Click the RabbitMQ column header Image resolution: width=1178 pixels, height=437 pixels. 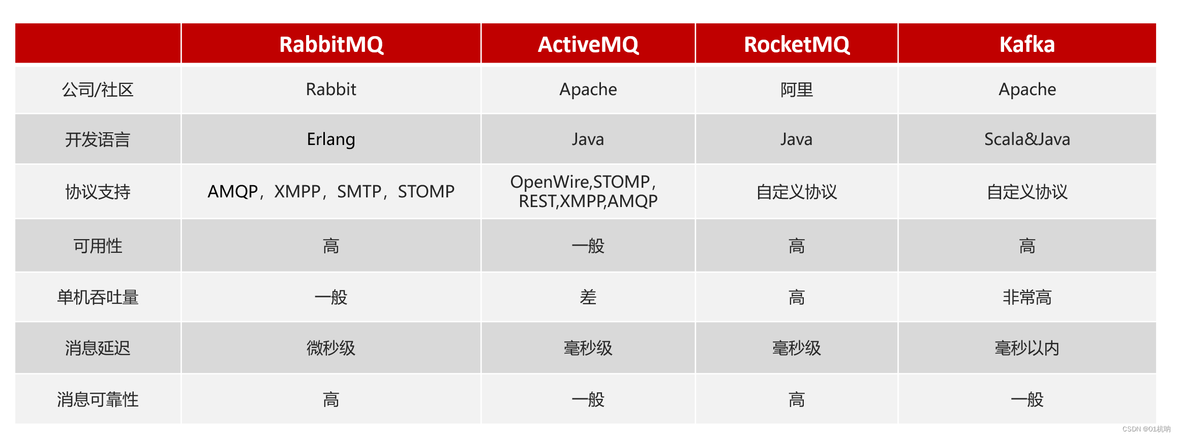(331, 44)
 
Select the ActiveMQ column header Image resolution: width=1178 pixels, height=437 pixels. (588, 44)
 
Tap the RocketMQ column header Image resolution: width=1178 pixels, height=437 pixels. (797, 44)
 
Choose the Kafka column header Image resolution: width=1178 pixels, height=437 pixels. (1027, 44)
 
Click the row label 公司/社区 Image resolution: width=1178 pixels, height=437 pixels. (98, 90)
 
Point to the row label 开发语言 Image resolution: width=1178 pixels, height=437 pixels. (98, 139)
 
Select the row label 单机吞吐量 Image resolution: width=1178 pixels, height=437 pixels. (98, 297)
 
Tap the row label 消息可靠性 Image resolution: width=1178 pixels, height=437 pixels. (98, 399)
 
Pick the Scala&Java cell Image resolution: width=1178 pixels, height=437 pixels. (1027, 139)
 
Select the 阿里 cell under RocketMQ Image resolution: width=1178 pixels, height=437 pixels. (797, 90)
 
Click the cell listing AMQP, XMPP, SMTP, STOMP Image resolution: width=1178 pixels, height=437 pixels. (331, 192)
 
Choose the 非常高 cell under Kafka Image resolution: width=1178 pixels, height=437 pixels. (1027, 297)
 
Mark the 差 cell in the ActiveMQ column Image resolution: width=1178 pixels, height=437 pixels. (588, 297)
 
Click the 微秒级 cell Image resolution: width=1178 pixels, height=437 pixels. (331, 348)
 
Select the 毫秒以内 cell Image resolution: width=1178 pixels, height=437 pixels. (1027, 348)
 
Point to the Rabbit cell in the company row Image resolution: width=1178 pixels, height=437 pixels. (331, 90)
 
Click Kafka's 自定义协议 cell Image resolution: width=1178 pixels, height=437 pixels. (1027, 192)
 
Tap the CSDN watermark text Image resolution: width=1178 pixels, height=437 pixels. (1146, 429)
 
